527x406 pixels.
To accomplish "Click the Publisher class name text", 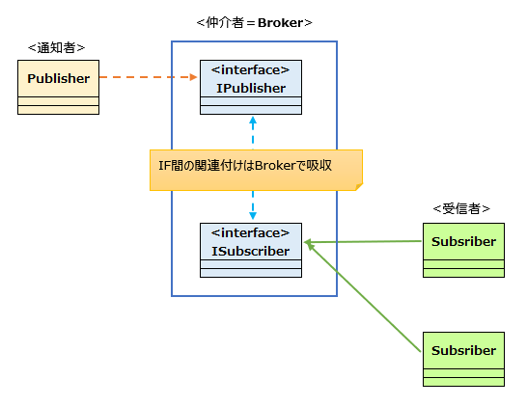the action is click(59, 78).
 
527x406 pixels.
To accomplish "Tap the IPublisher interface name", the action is click(251, 88).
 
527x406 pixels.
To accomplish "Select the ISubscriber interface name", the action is click(251, 251).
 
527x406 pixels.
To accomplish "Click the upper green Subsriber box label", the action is click(463, 241).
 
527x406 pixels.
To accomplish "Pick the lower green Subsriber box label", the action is click(463, 350).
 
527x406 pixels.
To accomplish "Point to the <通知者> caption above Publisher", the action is click(56, 48).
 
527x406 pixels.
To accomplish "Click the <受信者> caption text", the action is click(461, 209).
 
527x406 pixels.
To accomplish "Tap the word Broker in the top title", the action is click(280, 23).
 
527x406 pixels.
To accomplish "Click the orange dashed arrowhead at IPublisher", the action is click(193, 77).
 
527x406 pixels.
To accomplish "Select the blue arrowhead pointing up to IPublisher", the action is click(253, 121).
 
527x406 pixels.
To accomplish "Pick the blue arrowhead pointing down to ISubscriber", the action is click(253, 215).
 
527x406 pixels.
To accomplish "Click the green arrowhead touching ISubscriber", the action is click(308, 242).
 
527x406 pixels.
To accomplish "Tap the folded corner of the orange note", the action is click(359, 187).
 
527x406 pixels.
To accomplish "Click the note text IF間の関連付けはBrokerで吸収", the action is click(245, 165).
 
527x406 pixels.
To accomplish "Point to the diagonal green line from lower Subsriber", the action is click(364, 298).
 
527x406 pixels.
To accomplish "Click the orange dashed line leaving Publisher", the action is click(148, 77).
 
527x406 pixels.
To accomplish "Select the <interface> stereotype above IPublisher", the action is click(250, 69).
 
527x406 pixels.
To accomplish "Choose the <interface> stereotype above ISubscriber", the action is click(250, 232).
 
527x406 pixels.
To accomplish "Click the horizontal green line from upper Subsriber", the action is click(363, 241).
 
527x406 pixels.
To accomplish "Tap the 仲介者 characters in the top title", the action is click(225, 23).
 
